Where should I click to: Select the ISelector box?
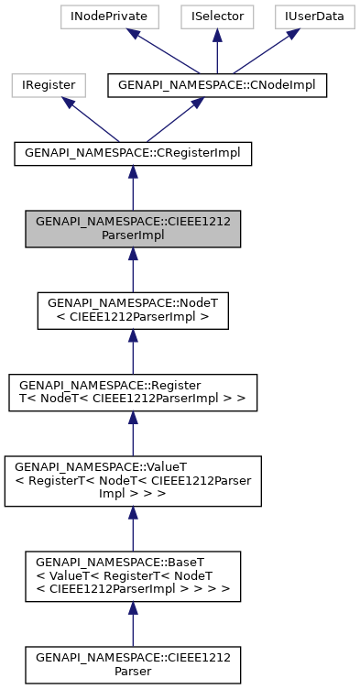pyautogui.click(x=217, y=16)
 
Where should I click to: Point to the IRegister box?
pyautogui.click(x=49, y=85)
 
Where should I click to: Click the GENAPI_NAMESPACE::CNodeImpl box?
pyautogui.click(x=217, y=85)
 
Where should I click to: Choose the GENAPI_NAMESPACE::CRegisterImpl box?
pyautogui.click(x=133, y=154)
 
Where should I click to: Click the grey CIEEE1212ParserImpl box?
pyautogui.click(x=133, y=228)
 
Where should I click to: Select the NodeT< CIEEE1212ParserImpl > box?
pyautogui.click(x=133, y=311)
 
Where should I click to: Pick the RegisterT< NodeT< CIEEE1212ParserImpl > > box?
pyautogui.click(x=133, y=392)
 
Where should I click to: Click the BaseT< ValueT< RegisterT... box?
pyautogui.click(x=133, y=576)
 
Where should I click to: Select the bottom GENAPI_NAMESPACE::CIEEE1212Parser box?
pyautogui.click(x=133, y=664)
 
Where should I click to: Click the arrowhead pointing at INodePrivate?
pyautogui.click(x=133, y=34)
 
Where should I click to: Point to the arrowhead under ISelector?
pyautogui.click(x=217, y=35)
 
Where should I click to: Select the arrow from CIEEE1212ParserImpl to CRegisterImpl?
pyautogui.click(x=133, y=191)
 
